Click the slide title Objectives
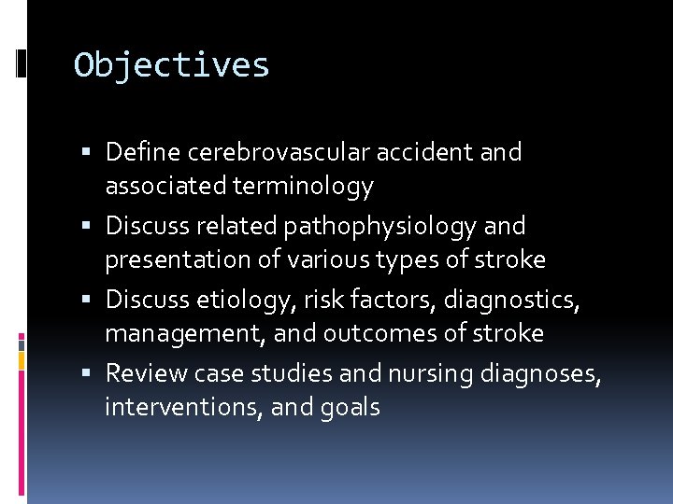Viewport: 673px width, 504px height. [x=172, y=65]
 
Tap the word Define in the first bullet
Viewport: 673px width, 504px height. [x=139, y=151]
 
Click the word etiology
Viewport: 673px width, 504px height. [x=238, y=300]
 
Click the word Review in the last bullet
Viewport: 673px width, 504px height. [x=146, y=373]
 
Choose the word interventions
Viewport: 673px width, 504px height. [x=182, y=408]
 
